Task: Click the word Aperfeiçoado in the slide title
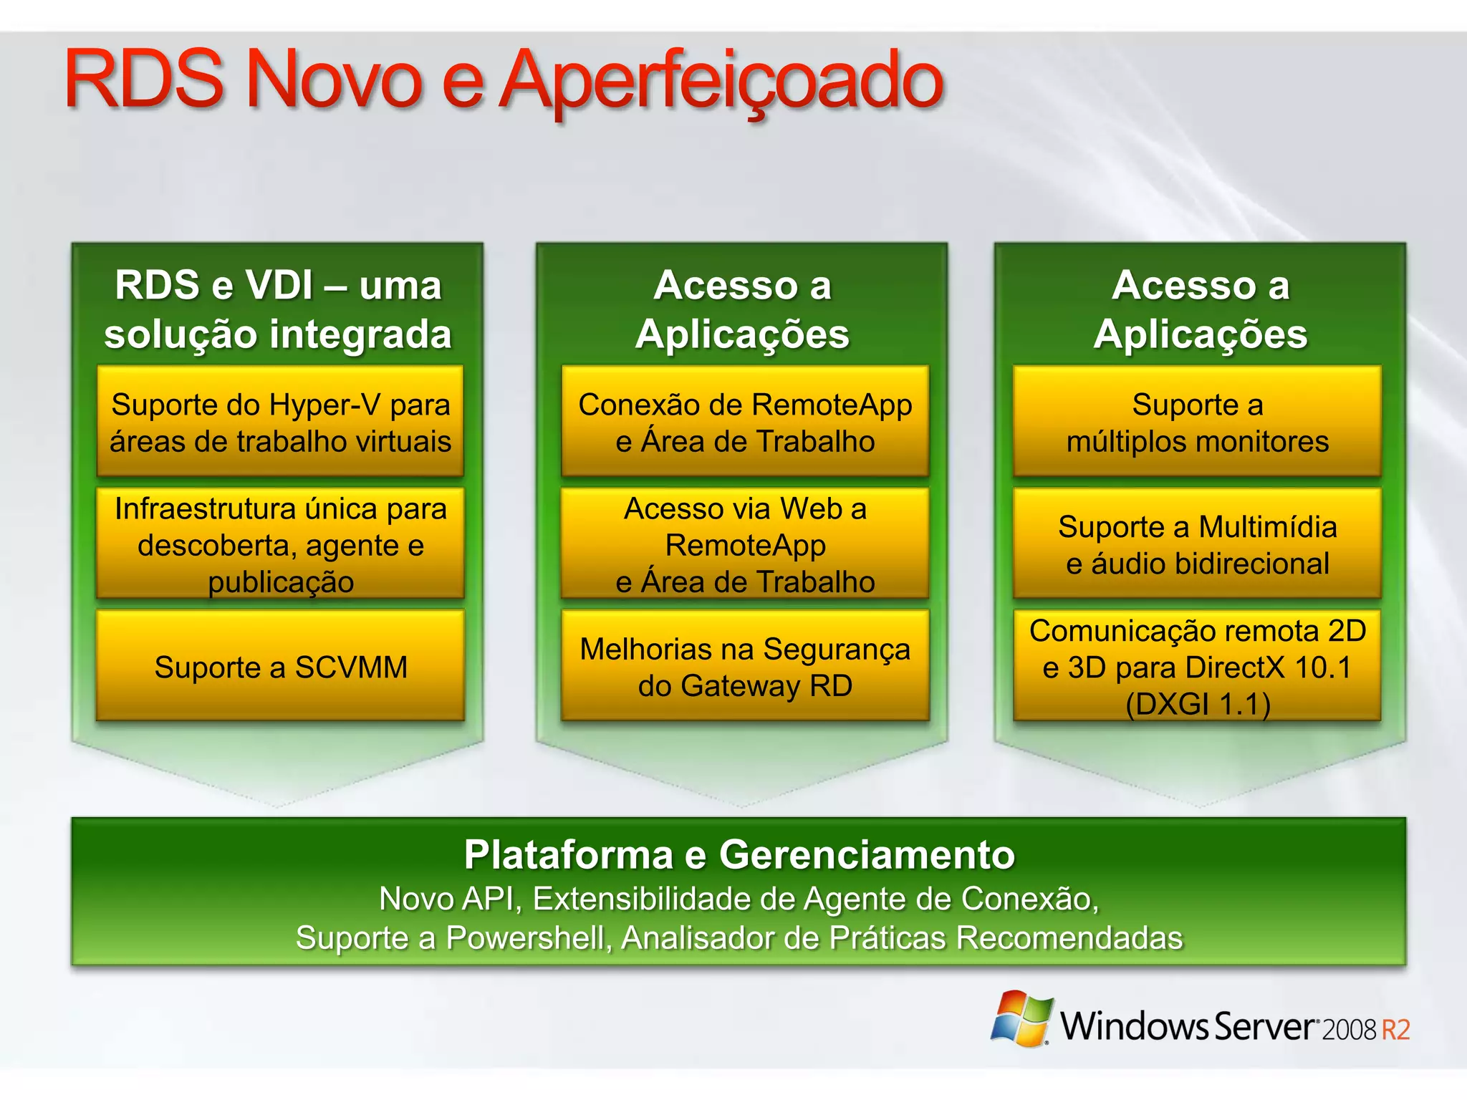tap(721, 80)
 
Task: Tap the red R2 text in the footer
tap(1395, 1030)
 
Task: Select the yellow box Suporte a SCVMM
tap(280, 666)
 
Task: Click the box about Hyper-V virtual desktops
tap(280, 422)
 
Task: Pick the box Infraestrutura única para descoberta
tap(280, 544)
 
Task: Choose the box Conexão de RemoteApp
tap(745, 422)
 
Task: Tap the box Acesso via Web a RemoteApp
tap(745, 544)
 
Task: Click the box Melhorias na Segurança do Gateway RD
tap(745, 666)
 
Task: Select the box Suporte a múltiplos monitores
tap(1197, 422)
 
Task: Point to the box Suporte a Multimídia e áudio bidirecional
tap(1197, 544)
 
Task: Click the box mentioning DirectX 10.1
tap(1197, 666)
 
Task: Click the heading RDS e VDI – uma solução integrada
tap(278, 309)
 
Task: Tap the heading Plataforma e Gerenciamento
tap(739, 854)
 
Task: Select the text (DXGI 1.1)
tap(1198, 704)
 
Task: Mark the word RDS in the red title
tap(144, 80)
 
